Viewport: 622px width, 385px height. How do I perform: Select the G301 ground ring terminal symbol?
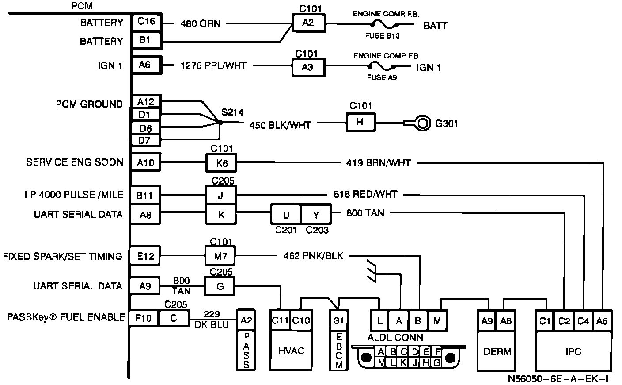point(421,123)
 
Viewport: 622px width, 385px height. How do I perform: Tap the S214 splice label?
point(232,112)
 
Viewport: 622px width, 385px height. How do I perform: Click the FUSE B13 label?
point(383,36)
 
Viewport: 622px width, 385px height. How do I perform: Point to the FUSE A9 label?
point(382,77)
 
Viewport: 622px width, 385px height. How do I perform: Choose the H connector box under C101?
point(360,123)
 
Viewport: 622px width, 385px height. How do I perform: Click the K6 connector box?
point(221,163)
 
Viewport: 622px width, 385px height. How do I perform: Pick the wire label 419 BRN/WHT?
point(378,163)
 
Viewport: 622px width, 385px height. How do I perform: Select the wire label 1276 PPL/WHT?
point(213,65)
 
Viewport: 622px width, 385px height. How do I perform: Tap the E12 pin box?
point(145,256)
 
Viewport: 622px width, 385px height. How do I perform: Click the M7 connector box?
point(220,256)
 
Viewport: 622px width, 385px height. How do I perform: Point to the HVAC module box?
point(291,350)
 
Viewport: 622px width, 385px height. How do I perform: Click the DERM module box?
point(497,351)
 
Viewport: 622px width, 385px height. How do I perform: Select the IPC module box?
point(573,351)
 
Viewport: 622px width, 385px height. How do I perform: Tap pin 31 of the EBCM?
point(339,321)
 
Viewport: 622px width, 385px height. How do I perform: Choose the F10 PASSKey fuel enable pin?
point(144,318)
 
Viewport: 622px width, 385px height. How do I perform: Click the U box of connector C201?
point(286,215)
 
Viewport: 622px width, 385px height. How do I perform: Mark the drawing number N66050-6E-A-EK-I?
point(558,379)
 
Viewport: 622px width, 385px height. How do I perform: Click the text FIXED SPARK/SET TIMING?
point(62,257)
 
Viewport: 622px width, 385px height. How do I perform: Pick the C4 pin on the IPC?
point(583,321)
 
